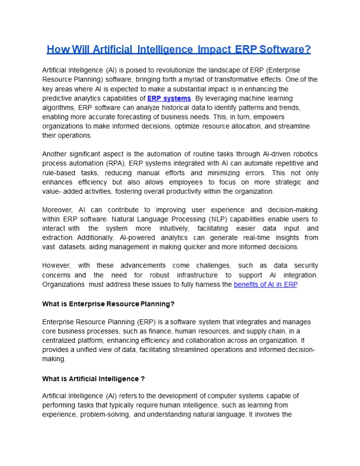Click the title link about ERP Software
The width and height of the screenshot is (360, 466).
179,50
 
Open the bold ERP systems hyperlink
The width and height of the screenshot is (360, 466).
169,99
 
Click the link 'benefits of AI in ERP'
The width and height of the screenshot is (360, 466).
265,284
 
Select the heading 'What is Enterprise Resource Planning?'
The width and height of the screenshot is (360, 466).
108,304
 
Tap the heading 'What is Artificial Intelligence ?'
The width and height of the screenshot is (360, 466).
93,378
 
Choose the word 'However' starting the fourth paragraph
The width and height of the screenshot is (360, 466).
56,266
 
